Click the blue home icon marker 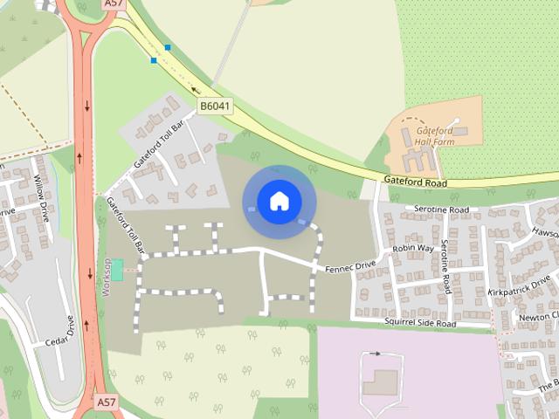tap(279, 201)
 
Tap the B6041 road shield tap(214, 106)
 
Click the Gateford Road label tap(414, 183)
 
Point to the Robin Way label tap(413, 249)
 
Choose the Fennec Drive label tap(349, 264)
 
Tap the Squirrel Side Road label tap(420, 324)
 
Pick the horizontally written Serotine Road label tap(441, 210)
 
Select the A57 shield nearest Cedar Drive tap(106, 402)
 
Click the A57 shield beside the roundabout tap(113, 3)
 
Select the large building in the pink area tap(380, 381)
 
